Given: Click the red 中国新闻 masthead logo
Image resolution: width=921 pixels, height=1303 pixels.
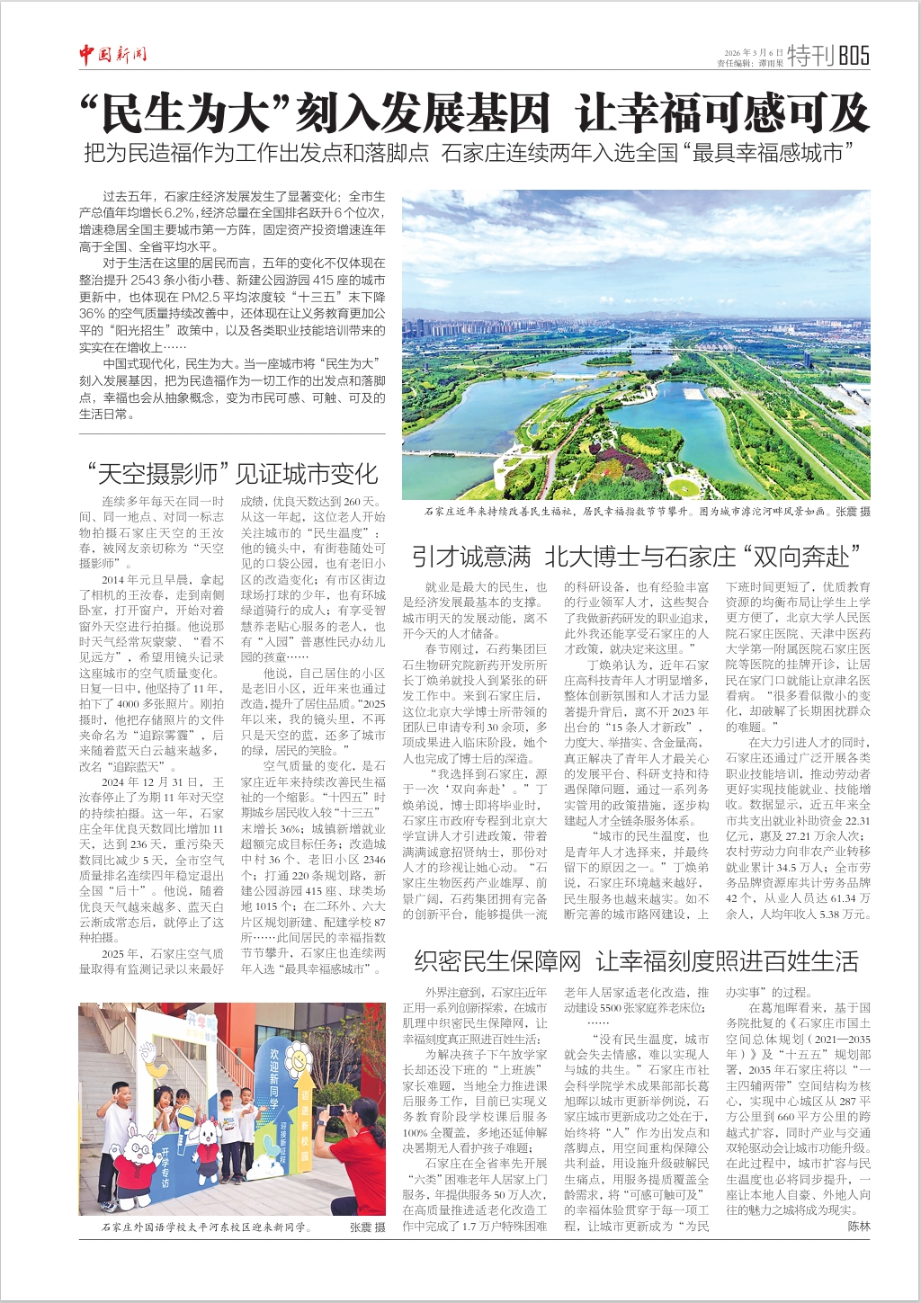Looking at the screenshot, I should point(112,56).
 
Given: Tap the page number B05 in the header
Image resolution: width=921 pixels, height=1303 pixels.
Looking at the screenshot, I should point(854,56).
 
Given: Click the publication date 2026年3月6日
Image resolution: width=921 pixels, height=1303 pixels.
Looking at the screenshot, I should point(754,52).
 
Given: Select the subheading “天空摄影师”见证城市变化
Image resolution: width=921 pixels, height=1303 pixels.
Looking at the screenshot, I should point(232,473).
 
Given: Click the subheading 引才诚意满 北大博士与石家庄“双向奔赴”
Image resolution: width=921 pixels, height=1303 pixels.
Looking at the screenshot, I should point(636,557).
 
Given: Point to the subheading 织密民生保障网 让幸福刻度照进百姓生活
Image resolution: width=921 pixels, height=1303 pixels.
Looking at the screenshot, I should point(636,961).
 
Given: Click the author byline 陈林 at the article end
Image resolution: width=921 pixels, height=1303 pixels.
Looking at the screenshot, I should point(859,1227).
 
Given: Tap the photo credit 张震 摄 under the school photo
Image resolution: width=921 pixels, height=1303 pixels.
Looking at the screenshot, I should point(367,1227).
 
